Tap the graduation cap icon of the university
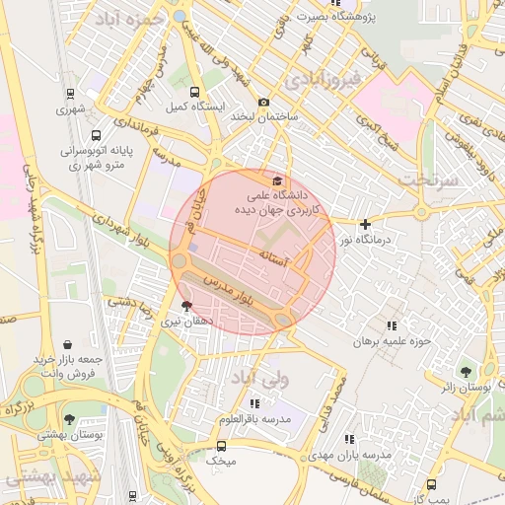point(277,181)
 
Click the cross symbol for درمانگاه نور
point(366,224)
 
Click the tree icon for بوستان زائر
point(466,372)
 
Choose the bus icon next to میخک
point(221,446)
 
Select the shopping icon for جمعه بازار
point(66,344)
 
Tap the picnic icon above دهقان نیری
point(186,306)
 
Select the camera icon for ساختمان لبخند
point(263,103)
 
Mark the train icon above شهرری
point(71,94)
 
